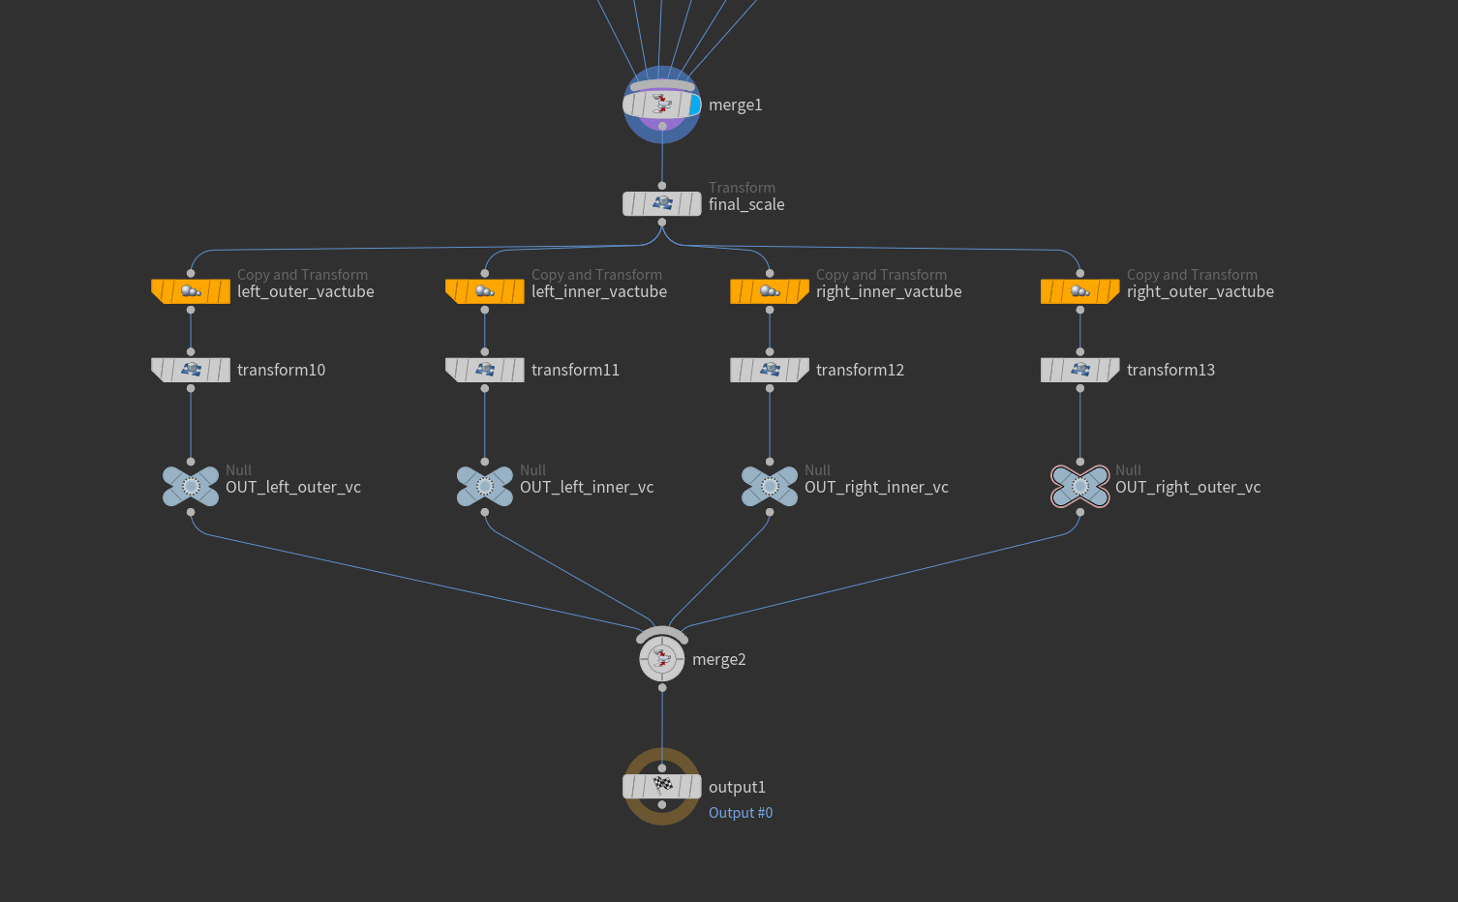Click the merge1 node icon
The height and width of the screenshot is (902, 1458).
(x=662, y=105)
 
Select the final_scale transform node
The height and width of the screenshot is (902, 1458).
(x=662, y=204)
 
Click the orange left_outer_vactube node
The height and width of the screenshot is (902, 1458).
(x=191, y=291)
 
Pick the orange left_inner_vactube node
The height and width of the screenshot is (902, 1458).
(x=485, y=291)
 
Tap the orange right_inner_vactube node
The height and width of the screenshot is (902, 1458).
(x=770, y=291)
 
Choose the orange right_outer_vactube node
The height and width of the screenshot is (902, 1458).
(x=1080, y=291)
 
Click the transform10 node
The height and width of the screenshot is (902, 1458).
(x=191, y=370)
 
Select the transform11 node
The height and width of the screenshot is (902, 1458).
(x=485, y=370)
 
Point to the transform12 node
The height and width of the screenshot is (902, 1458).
(x=770, y=370)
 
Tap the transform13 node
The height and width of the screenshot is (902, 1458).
(x=1080, y=370)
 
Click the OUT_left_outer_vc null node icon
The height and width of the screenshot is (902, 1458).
(x=191, y=487)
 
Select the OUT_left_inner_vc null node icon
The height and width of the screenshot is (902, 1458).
(x=485, y=487)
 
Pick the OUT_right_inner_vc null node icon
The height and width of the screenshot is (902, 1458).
(x=770, y=487)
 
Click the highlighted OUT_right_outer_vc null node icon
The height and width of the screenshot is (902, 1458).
(x=1080, y=487)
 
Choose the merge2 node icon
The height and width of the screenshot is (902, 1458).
(x=662, y=659)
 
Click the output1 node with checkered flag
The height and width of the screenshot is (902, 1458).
(x=662, y=786)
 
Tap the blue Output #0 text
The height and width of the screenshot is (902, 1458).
(x=741, y=813)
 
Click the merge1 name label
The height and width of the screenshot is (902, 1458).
(x=736, y=105)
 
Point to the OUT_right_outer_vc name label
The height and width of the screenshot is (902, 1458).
(x=1188, y=488)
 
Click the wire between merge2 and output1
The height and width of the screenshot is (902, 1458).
(x=662, y=726)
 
